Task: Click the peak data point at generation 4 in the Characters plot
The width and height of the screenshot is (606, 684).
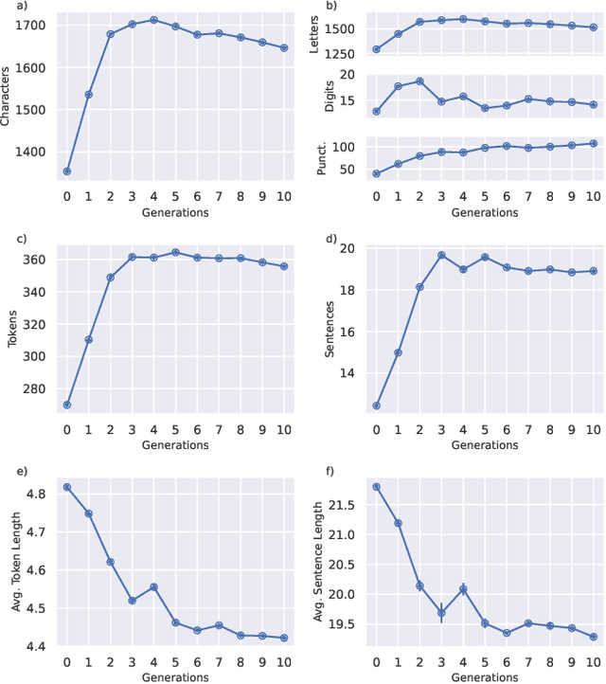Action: point(153,19)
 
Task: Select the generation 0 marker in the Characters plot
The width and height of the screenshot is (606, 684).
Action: point(66,171)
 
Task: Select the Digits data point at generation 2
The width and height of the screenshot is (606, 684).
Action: point(419,81)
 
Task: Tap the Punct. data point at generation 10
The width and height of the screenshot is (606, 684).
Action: point(594,144)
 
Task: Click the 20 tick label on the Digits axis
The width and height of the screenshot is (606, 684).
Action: point(347,75)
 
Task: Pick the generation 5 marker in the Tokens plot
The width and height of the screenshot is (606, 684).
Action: point(175,252)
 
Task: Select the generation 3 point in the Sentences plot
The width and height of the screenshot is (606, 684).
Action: point(441,255)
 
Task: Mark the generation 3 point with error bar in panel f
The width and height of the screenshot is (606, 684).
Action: point(441,613)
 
